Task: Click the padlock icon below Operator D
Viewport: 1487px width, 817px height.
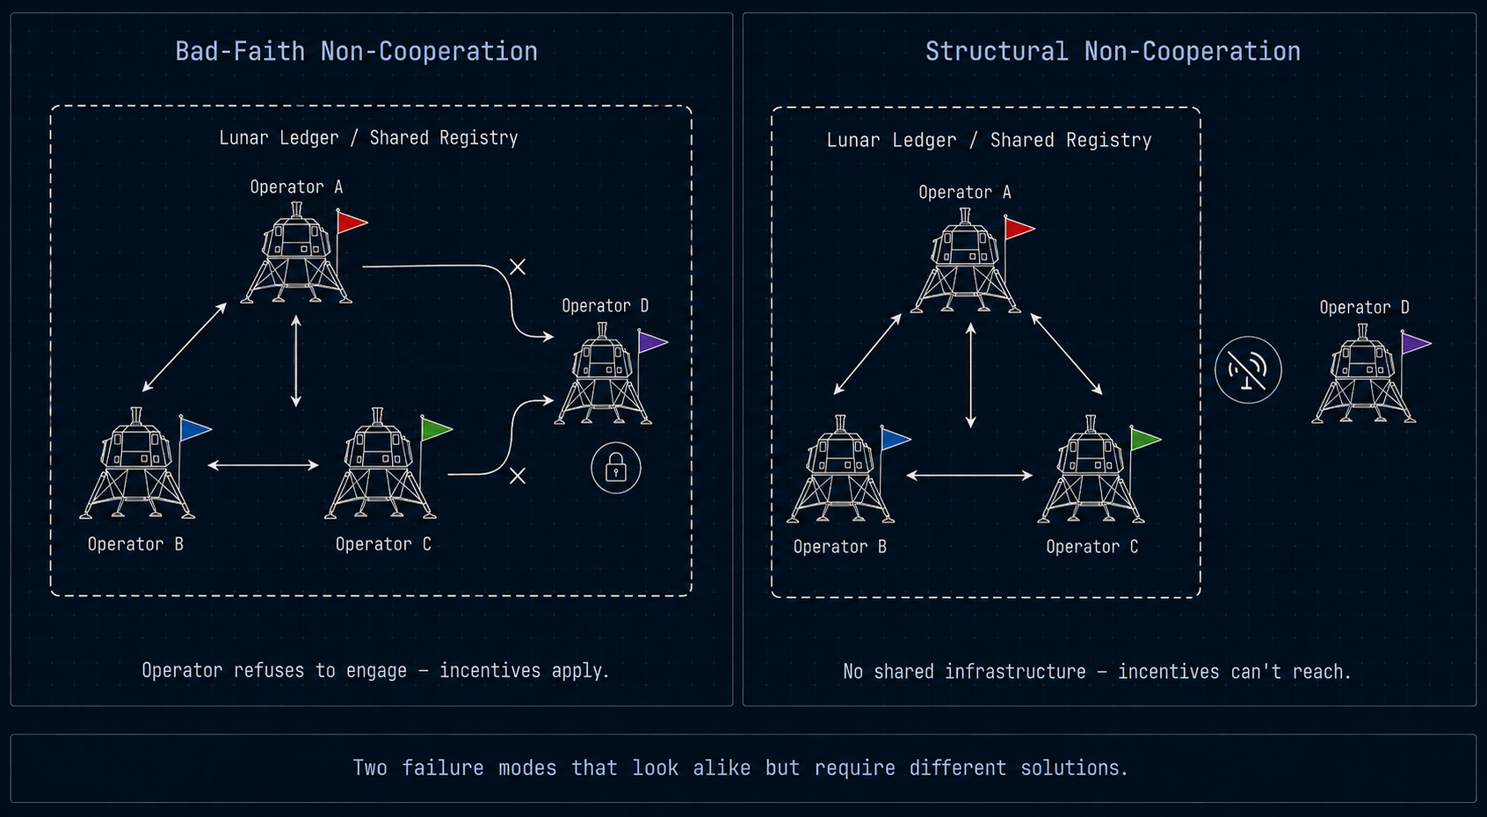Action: click(x=616, y=468)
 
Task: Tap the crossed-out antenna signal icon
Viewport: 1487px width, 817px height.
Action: click(x=1248, y=370)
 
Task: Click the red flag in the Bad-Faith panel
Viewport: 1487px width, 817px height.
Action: click(x=352, y=222)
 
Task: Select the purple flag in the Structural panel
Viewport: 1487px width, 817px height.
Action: click(x=1416, y=343)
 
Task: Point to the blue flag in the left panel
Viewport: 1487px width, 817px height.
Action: click(x=195, y=429)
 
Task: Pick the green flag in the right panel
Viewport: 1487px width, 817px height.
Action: click(x=1146, y=439)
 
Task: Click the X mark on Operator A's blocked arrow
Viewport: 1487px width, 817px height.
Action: click(x=517, y=267)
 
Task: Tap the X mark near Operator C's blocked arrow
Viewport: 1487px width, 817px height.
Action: click(x=517, y=476)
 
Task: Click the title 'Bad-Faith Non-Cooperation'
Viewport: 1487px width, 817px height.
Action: click(x=357, y=52)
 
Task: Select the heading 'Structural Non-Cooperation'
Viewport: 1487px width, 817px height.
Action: click(x=1113, y=52)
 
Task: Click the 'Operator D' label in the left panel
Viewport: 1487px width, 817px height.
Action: click(x=605, y=305)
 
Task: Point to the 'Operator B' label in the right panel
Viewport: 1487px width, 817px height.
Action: click(x=840, y=547)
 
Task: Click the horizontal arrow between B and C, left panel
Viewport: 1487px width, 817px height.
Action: click(x=264, y=465)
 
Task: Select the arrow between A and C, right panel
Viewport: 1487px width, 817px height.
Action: click(x=1066, y=354)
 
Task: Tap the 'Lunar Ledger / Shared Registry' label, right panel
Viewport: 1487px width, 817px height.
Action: click(x=989, y=140)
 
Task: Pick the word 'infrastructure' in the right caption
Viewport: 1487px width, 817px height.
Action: click(x=1015, y=672)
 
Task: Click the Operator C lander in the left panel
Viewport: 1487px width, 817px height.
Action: click(x=380, y=463)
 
